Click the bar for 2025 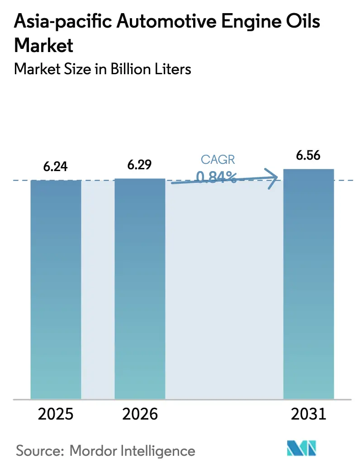tap(56, 290)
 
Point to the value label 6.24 tap(56, 167)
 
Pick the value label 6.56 tap(308, 156)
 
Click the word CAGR tap(218, 159)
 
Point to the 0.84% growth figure tap(217, 177)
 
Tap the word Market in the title tap(44, 45)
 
